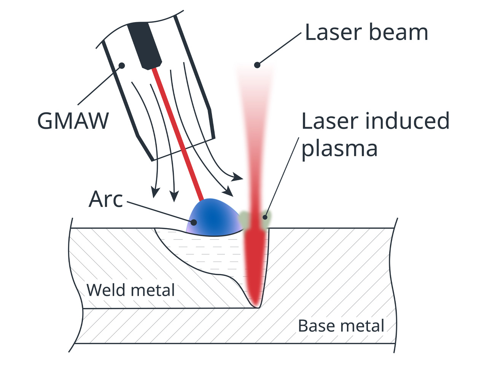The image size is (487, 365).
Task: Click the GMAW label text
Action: click(73, 121)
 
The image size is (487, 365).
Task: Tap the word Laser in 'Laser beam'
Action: click(334, 32)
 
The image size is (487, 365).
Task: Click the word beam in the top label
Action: click(398, 32)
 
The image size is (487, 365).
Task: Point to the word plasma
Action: click(339, 149)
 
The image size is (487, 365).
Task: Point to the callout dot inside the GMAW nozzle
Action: click(122, 65)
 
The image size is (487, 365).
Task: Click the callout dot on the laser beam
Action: click(257, 65)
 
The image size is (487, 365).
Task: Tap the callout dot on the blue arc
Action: click(194, 222)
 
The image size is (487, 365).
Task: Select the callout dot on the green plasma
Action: click(265, 217)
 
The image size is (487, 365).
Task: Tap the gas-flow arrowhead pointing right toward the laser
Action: click(237, 177)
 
